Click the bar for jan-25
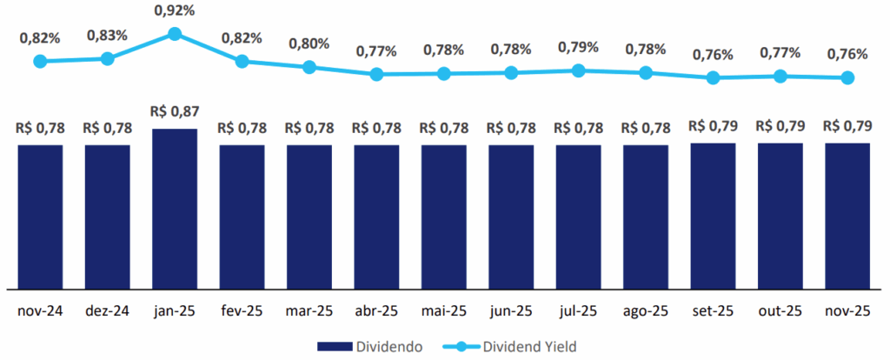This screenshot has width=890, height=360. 175,209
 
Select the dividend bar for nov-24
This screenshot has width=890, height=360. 40,216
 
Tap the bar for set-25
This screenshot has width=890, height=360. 713,215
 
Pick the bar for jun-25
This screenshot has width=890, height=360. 511,216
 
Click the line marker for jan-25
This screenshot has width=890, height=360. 175,34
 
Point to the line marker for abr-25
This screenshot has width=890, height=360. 376,75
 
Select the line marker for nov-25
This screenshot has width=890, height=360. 847,77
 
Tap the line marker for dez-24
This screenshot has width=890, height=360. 107,58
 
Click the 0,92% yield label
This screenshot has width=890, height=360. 175,11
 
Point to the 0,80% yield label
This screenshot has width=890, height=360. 309,43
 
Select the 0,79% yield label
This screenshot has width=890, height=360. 578,46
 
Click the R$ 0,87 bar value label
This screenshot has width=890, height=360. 174,112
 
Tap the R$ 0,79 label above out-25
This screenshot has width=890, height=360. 780,125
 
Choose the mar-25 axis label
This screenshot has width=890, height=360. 309,310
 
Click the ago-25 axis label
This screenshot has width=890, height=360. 646,310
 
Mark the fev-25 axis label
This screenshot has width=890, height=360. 242,310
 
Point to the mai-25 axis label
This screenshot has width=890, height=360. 444,310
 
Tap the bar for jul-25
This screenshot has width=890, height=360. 578,216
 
